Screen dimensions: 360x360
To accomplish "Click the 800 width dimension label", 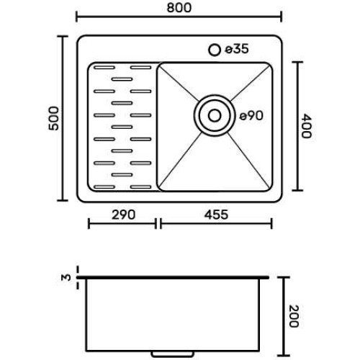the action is (x=179, y=8).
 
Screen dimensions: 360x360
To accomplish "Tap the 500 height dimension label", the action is (x=53, y=118).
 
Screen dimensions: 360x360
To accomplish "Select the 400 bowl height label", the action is (x=307, y=126).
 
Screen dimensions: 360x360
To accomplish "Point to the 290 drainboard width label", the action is (x=123, y=215).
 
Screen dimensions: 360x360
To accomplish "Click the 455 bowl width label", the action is (x=216, y=215).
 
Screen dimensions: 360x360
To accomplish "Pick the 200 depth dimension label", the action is (x=294, y=316).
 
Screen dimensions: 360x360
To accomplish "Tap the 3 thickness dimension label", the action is (x=66, y=277).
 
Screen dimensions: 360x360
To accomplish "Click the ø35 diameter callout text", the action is (x=237, y=49).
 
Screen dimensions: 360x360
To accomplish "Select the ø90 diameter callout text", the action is (x=251, y=116).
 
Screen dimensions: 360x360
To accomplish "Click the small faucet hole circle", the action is (x=215, y=50).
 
